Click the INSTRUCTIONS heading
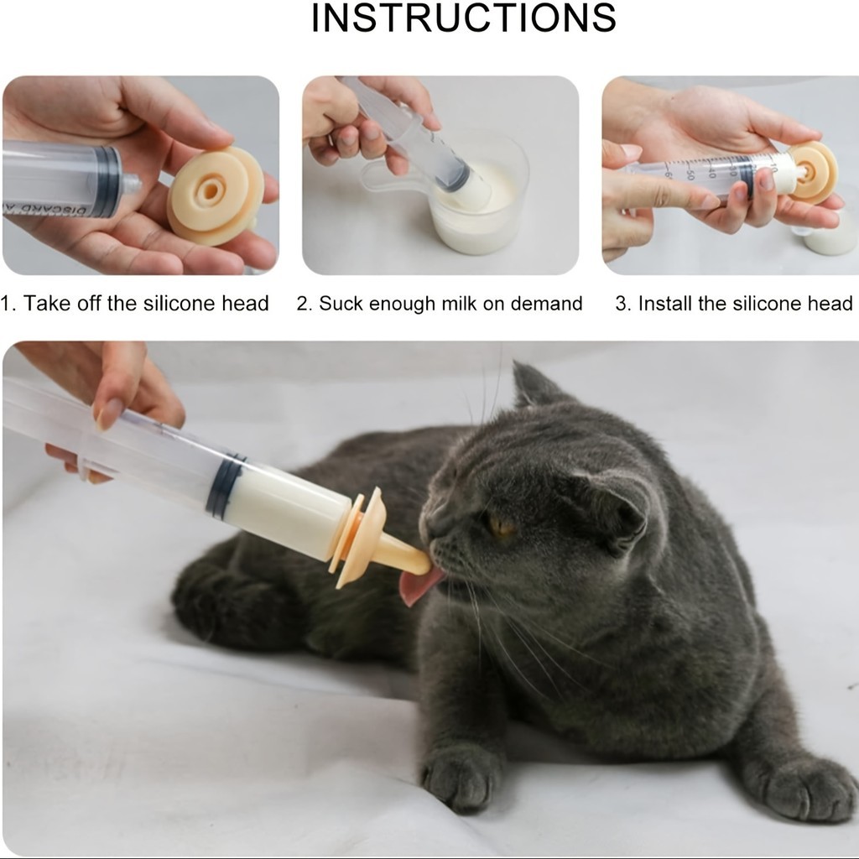(x=463, y=18)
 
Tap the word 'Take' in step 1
(x=47, y=303)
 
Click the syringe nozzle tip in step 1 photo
(x=131, y=184)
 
